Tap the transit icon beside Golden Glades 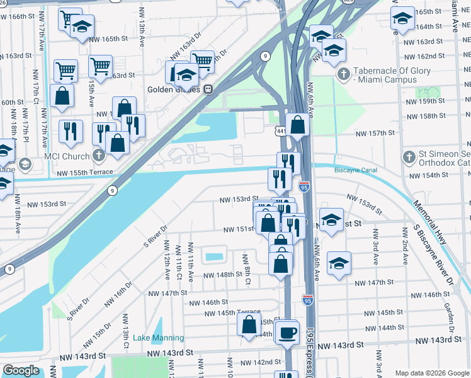click(x=207, y=89)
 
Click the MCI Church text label click(x=66, y=156)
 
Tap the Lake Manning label click(x=158, y=338)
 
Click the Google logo click(x=20, y=370)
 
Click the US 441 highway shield click(x=281, y=130)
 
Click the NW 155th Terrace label click(x=84, y=172)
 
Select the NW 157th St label click(x=374, y=133)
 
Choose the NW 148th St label click(x=222, y=275)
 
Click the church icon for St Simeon click(x=409, y=156)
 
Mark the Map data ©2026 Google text click(x=432, y=373)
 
